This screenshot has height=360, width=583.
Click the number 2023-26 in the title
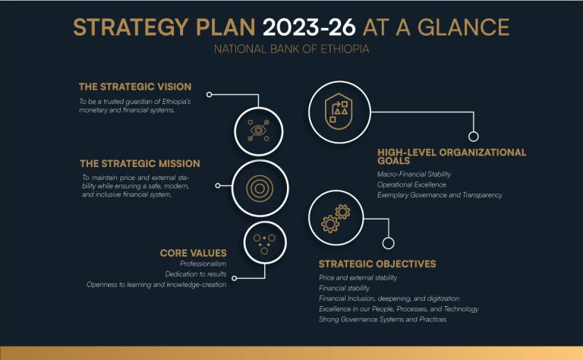pos(309,27)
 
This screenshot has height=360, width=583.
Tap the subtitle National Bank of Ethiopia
pos(291,49)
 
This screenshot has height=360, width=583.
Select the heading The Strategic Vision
pos(135,87)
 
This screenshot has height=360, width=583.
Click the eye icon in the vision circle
pos(258,131)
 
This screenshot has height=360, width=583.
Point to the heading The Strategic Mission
pos(140,163)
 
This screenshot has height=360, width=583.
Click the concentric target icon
pos(260,188)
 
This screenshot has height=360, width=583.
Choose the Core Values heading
pos(194,253)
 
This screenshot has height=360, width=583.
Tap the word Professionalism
pos(203,264)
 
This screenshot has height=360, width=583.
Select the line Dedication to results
pos(196,274)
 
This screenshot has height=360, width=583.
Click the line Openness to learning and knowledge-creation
pos(156,285)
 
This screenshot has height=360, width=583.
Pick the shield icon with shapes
pos(339,111)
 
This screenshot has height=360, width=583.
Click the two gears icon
pos(336,218)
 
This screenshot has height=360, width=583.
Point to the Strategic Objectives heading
pos(377,264)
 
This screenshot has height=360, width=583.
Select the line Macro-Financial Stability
pos(414,174)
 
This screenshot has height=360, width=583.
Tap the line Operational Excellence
pos(411,185)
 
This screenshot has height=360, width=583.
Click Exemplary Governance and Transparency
pos(440,195)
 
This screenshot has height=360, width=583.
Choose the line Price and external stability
pos(358,277)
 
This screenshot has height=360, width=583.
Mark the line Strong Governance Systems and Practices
pos(383,319)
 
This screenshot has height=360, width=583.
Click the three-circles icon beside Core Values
pos(264,244)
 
